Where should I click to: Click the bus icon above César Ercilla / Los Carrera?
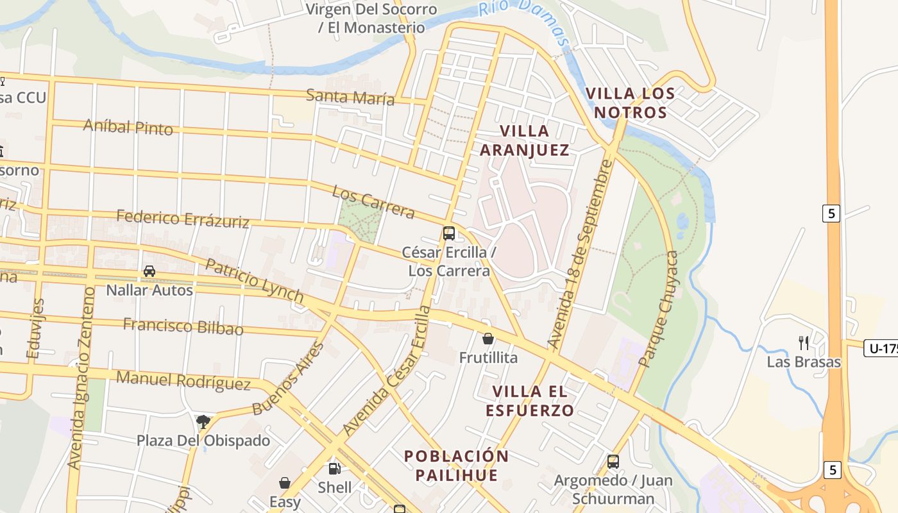(449, 233)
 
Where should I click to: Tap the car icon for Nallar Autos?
(149, 271)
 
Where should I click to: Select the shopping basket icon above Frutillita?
(488, 339)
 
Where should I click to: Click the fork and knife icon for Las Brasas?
(803, 342)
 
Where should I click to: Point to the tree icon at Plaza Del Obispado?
(203, 421)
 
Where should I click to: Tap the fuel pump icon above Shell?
(334, 469)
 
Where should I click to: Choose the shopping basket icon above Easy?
(285, 482)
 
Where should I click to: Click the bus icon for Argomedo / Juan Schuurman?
(613, 461)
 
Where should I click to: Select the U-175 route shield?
(881, 348)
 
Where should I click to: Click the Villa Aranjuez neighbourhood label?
(524, 140)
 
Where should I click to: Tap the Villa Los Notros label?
(630, 103)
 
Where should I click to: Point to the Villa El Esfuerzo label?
(529, 401)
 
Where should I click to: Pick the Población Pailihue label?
(456, 466)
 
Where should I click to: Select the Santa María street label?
(350, 97)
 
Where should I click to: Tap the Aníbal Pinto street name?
(128, 126)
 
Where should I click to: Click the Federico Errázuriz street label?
(183, 219)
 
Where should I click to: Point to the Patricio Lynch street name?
(254, 280)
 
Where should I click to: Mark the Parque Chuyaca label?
(659, 309)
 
